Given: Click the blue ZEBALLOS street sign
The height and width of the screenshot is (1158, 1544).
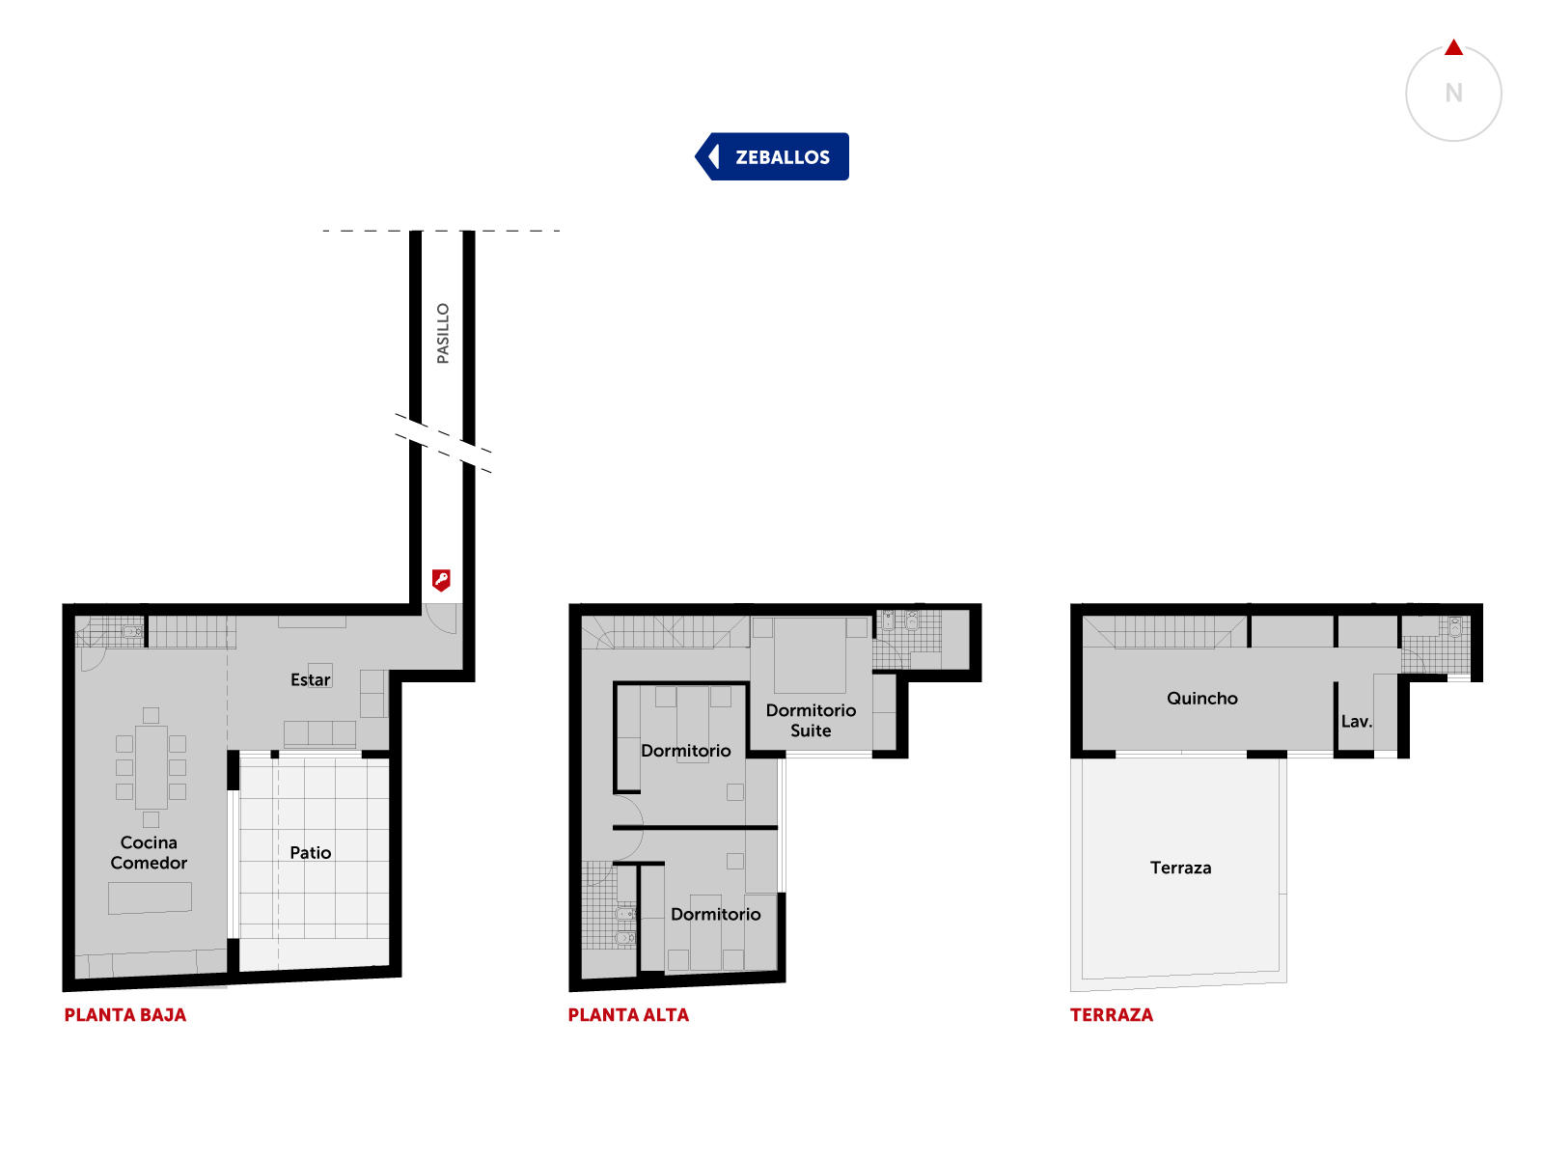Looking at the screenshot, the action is pyautogui.click(x=771, y=156).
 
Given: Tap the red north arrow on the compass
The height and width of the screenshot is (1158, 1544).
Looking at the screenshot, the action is pyautogui.click(x=1452, y=47).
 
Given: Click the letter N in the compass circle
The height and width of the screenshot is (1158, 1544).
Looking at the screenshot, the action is pyautogui.click(x=1452, y=93).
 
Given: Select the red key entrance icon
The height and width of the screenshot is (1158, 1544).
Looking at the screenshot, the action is pyautogui.click(x=440, y=579).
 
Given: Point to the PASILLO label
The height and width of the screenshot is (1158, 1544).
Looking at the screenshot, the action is pyautogui.click(x=442, y=333).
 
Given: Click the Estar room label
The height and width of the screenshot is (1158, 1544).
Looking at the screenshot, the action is pyautogui.click(x=310, y=679).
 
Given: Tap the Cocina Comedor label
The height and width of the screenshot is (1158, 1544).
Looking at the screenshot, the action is pyautogui.click(x=149, y=851).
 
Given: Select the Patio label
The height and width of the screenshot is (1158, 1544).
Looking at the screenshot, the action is pyautogui.click(x=310, y=852).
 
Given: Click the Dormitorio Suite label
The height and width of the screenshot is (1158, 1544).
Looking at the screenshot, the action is pyautogui.click(x=811, y=720).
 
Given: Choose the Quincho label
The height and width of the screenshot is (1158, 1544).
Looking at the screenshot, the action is pyautogui.click(x=1201, y=698).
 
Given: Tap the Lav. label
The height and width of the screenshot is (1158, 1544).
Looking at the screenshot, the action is pyautogui.click(x=1356, y=721).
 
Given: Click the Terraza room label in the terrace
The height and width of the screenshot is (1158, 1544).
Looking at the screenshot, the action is pyautogui.click(x=1180, y=868).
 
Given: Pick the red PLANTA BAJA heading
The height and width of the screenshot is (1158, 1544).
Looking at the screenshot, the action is pyautogui.click(x=125, y=1014).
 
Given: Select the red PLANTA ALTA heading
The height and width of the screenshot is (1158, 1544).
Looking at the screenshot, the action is pyautogui.click(x=628, y=1014).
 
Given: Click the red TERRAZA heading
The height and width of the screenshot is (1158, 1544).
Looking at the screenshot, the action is pyautogui.click(x=1112, y=1014).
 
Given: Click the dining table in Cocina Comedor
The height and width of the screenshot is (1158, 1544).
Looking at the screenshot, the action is pyautogui.click(x=151, y=767).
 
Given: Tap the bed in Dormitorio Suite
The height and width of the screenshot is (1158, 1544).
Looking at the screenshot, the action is pyautogui.click(x=810, y=654).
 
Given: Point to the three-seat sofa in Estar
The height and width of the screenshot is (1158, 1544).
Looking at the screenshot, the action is pyautogui.click(x=319, y=733).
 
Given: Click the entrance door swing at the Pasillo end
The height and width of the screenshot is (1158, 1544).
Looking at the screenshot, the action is pyautogui.click(x=440, y=619).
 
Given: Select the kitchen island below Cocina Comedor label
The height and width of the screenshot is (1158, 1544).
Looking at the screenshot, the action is pyautogui.click(x=150, y=897).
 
